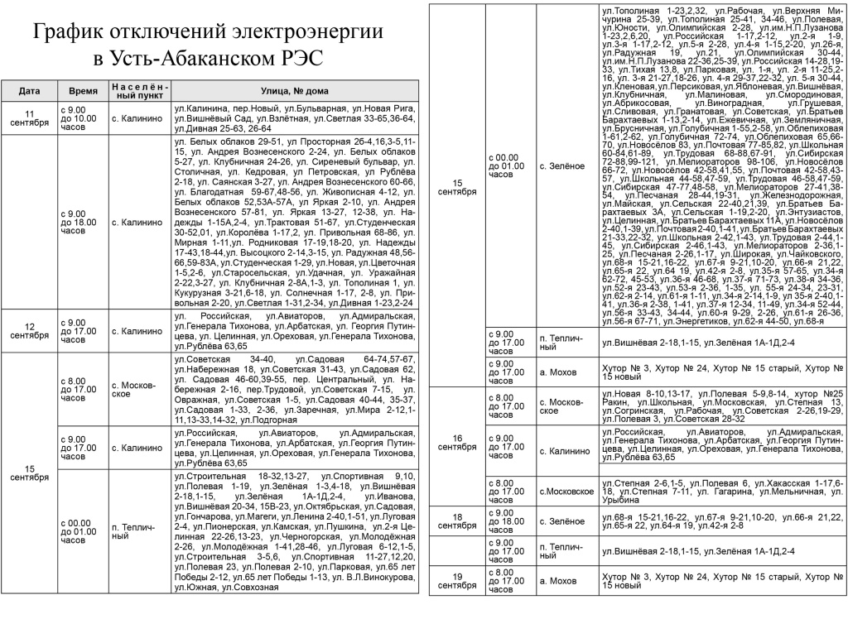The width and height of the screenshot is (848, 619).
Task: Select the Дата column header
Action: pyautogui.click(x=29, y=91)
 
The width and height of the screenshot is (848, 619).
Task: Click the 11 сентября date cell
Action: pyautogui.click(x=29, y=118)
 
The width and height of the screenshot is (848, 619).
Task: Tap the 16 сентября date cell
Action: pyautogui.click(x=456, y=442)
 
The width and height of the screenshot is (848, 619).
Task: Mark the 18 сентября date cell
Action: pyautogui.click(x=456, y=521)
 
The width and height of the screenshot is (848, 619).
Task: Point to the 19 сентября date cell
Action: pyautogui.click(x=456, y=580)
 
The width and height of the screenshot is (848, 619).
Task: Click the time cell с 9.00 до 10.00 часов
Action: pyautogui.click(x=81, y=118)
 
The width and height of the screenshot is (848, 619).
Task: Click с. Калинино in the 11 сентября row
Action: pyautogui.click(x=139, y=118)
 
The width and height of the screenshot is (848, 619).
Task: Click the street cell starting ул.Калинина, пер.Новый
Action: pyautogui.click(x=294, y=118)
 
